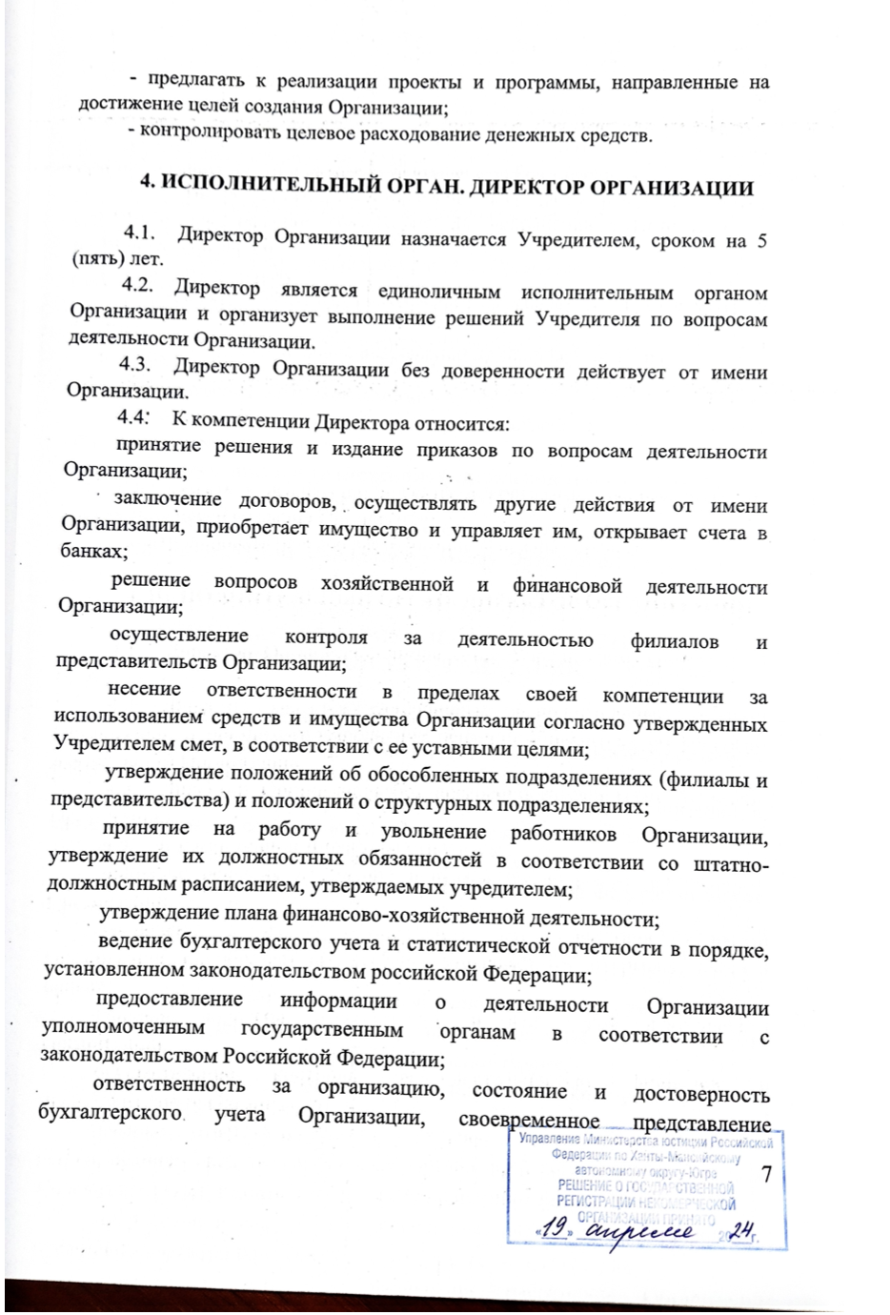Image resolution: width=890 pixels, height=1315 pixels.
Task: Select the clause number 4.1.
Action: point(139,233)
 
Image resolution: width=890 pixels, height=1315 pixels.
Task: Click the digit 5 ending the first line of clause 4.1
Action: point(762,239)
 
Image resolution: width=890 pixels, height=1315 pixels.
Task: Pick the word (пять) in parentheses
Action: point(95,259)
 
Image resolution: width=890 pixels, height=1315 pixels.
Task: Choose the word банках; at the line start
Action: point(94,552)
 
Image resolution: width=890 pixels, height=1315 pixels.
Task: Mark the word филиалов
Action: point(674,641)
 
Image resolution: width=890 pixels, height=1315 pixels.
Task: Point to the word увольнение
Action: point(433,832)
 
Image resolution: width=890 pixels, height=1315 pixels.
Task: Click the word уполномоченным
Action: point(124,1030)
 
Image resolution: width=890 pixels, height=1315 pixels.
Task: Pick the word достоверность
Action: point(701,1094)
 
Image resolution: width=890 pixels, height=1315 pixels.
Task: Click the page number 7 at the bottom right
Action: point(765,1175)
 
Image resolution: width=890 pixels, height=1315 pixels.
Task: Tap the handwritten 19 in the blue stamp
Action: point(557,1230)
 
